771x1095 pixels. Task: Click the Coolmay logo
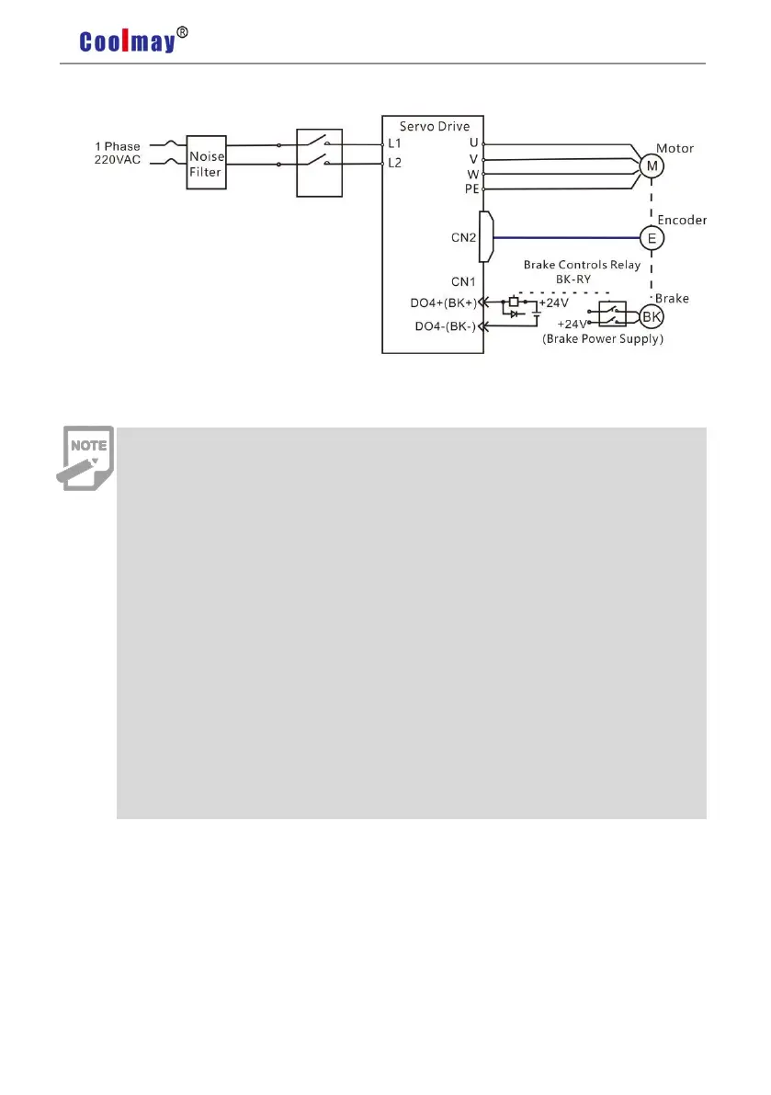pos(127,41)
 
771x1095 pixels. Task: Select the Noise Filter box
pos(206,163)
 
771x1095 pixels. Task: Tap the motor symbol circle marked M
pos(652,165)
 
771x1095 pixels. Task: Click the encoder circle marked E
pos(652,238)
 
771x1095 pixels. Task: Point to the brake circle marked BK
pos(652,317)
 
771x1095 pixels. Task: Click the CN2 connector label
pos(463,238)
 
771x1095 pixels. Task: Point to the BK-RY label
pos(569,279)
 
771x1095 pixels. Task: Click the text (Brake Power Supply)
pos(604,338)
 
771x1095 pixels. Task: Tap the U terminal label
pos(473,143)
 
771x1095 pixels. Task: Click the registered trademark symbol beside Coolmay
pos(183,33)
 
